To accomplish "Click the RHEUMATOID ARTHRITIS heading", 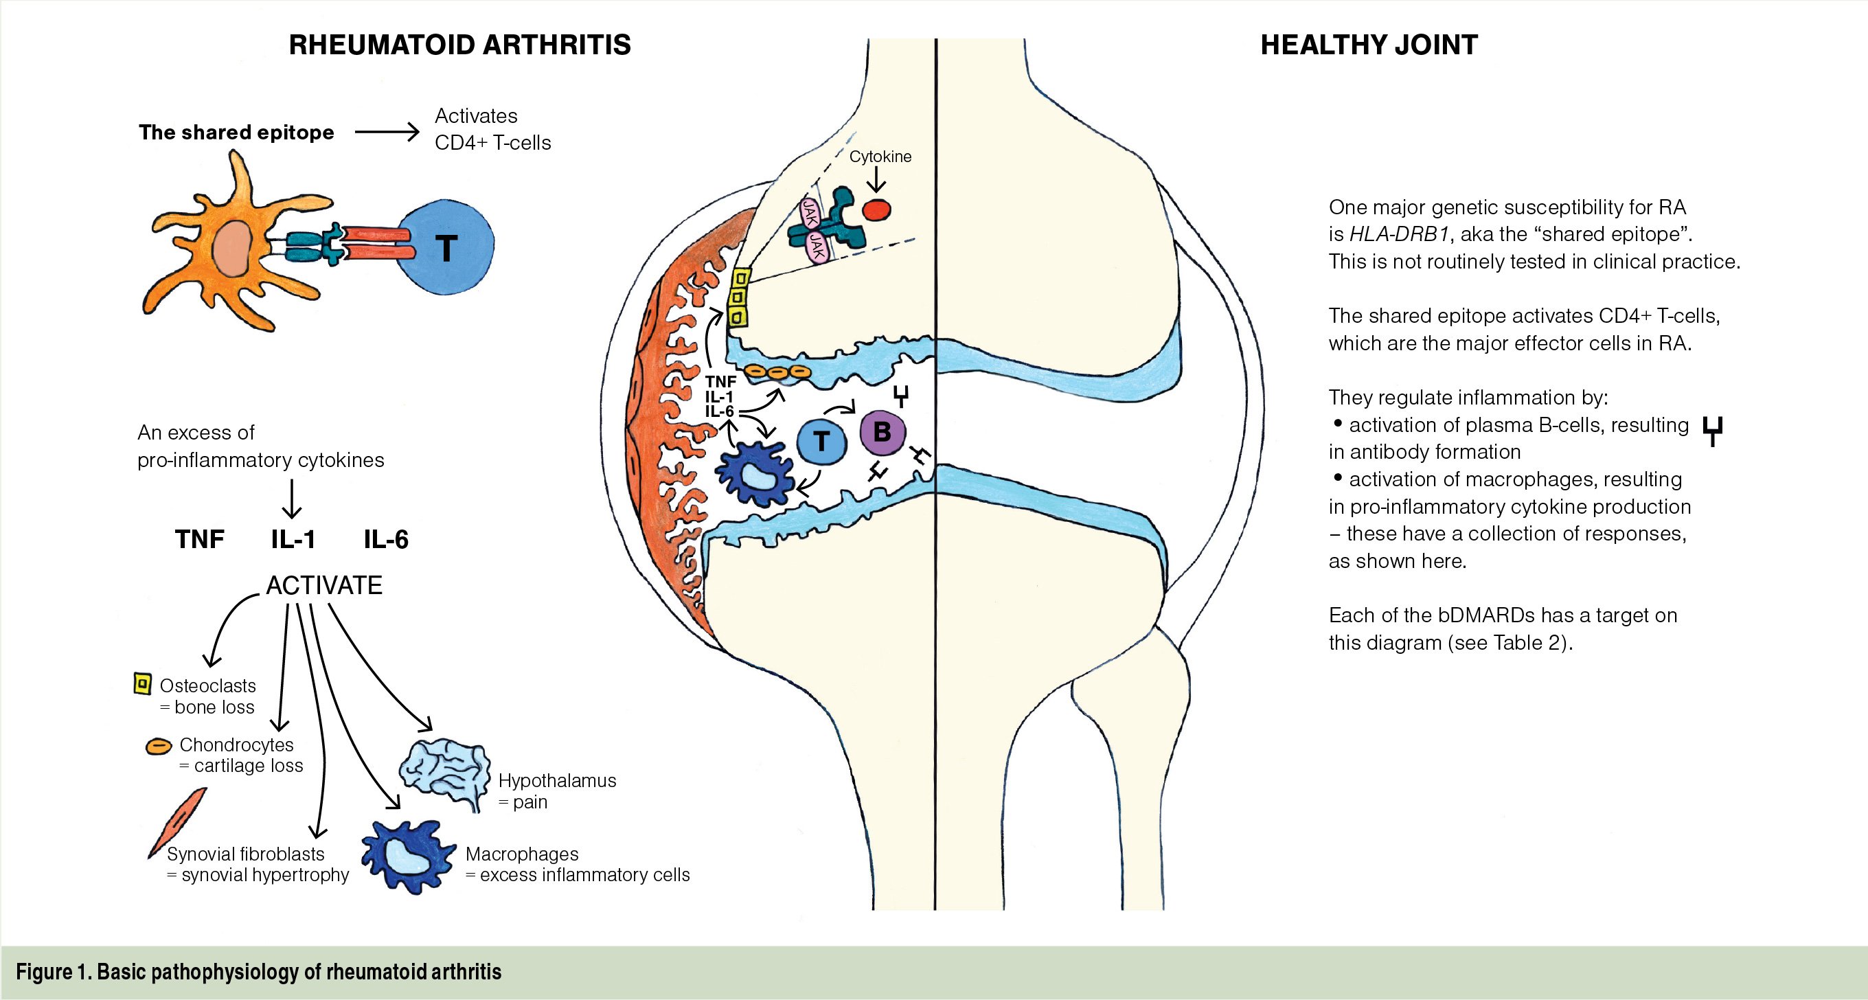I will pos(459,45).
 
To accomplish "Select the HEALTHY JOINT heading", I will pos(1368,45).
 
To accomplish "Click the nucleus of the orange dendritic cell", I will pos(232,249).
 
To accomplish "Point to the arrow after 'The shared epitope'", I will pos(387,132).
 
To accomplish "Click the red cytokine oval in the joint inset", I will pos(877,209).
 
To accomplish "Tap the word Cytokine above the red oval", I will pos(880,157).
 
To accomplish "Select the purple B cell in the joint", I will pos(882,432).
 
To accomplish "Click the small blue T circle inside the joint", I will pos(821,441).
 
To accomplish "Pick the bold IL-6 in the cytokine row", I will pos(386,540).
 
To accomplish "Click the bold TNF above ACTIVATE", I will pos(199,540).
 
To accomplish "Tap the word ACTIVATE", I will pos(324,585).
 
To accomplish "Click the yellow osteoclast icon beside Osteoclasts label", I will pos(143,684).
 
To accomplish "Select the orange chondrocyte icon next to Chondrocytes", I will pos(159,746).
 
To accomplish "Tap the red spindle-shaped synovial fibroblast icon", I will pos(177,821).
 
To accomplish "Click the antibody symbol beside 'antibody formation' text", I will pos(1712,431).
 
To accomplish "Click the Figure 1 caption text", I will pos(259,972).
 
